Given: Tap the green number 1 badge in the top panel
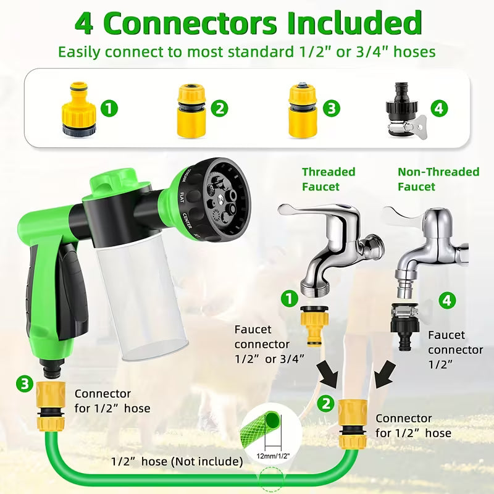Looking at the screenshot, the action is pos(109,108).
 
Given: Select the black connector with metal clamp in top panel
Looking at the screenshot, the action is pos(406,110).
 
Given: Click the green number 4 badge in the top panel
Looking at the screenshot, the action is pos(439,108).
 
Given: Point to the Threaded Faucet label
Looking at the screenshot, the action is pos(329,179).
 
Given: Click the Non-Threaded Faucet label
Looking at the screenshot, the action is pos(438,179).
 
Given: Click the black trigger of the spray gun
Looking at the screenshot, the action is pos(72,289).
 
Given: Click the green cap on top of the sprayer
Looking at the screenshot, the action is pos(114,182).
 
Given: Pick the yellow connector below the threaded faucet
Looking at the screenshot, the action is pos(314,325).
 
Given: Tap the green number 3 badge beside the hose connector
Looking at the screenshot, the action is pos(25,383).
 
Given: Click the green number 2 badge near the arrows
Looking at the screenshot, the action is pos(326,403).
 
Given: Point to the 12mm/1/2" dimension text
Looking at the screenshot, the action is pos(273,456).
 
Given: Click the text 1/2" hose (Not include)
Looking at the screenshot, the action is pos(177,461).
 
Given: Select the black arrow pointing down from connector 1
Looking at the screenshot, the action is pos(328,374).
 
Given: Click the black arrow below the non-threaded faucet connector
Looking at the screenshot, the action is pos(385,374).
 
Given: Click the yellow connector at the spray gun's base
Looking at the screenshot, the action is pos(51,406).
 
